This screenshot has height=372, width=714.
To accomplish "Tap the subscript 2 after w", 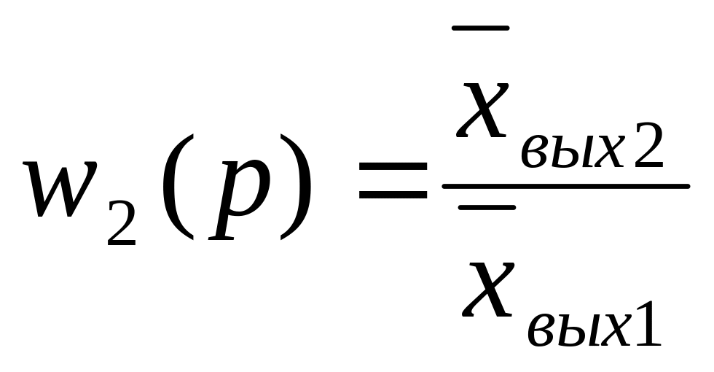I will (121, 222).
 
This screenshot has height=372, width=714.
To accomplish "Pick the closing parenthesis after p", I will (294, 188).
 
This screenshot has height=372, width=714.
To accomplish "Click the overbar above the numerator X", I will (480, 28).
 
